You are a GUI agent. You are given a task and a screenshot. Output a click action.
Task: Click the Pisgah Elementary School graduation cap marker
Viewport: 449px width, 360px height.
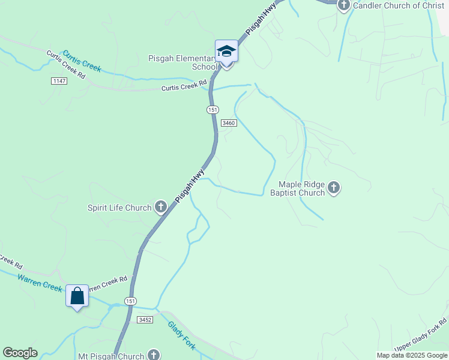point(227,51)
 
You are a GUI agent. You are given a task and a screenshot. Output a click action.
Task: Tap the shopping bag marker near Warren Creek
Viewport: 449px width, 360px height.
point(77,296)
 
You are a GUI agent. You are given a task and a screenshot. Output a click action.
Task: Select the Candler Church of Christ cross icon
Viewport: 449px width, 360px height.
point(343,6)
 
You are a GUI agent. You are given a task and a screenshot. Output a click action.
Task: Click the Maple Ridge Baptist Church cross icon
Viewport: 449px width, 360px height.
point(334,189)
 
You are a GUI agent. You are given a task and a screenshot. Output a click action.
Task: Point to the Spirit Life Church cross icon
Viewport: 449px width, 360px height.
point(160,208)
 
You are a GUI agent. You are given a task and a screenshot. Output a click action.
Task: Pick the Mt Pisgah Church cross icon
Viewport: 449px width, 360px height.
point(154,355)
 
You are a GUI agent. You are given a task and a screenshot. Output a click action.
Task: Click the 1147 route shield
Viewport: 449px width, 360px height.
point(59,81)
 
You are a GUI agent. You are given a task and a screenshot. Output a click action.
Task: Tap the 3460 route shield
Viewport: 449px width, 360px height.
point(229,123)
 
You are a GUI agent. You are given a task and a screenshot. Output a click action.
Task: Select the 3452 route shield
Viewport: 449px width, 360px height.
point(145,320)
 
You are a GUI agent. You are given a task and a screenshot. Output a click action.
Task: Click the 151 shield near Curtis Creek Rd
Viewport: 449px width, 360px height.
point(212,110)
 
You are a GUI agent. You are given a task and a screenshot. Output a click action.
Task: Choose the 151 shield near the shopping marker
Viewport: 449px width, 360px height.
point(131,301)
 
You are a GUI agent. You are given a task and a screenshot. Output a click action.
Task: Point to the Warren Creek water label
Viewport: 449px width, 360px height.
point(40,282)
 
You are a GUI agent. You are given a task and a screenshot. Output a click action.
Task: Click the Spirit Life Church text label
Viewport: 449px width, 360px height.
point(119,208)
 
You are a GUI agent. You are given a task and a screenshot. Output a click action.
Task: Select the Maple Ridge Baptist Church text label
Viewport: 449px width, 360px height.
point(297,189)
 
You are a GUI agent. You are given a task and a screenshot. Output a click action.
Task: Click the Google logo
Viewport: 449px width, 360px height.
point(20,353)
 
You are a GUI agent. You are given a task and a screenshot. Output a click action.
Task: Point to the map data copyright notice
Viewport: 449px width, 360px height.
point(412,355)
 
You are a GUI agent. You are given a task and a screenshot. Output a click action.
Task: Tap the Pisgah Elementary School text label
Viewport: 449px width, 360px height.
point(181,62)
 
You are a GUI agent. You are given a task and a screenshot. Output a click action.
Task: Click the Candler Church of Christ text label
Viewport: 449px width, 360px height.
point(399,6)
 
